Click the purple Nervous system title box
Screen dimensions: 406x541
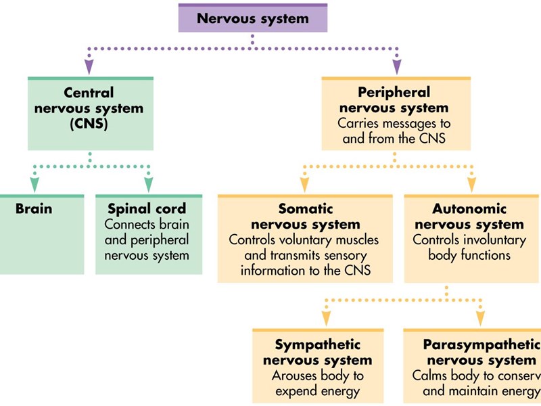point(252,18)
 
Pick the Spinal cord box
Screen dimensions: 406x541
point(148,234)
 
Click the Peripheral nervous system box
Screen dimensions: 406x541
point(395,113)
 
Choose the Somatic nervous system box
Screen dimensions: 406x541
point(305,238)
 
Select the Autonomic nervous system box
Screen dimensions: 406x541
point(471,238)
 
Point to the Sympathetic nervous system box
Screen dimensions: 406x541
point(317,365)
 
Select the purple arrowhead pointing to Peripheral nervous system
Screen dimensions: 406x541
point(396,67)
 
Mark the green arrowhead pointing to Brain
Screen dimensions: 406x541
point(34,184)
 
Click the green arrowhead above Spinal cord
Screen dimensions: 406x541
point(149,184)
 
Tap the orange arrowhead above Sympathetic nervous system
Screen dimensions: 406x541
point(327,318)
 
